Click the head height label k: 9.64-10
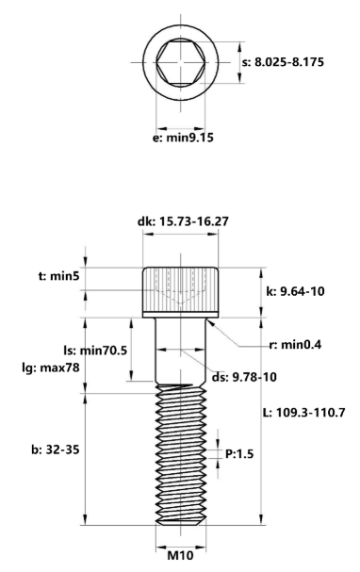pos(297,292)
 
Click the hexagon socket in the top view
pos(179,64)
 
